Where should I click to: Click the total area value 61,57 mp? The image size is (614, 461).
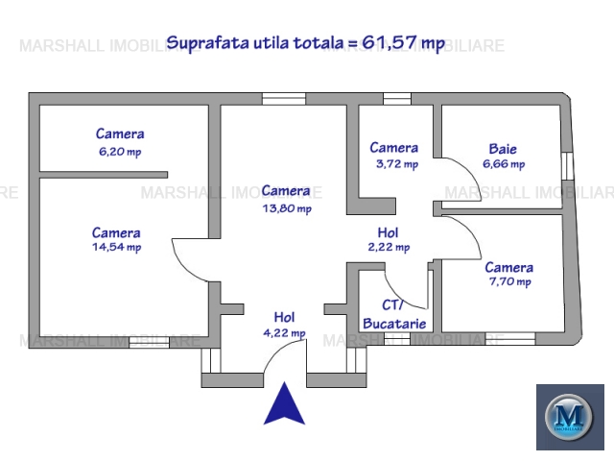click(x=404, y=42)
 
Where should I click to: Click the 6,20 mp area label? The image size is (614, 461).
click(x=120, y=152)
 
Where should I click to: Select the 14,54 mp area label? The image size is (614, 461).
click(x=117, y=247)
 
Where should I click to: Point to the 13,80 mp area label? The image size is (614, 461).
click(x=287, y=208)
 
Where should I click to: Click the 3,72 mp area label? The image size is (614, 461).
click(x=397, y=164)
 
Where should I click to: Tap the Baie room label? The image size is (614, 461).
click(x=503, y=149)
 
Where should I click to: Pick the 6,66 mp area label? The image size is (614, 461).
click(x=504, y=164)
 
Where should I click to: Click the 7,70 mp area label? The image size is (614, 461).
click(x=509, y=281)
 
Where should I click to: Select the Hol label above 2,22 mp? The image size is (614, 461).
click(x=388, y=232)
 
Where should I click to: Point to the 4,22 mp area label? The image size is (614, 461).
click(x=284, y=333)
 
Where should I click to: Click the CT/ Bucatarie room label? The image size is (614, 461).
click(x=394, y=314)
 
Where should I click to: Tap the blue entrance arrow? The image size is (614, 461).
click(x=284, y=403)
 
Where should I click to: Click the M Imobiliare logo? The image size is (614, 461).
click(x=570, y=417)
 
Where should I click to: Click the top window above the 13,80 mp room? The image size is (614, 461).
click(x=284, y=98)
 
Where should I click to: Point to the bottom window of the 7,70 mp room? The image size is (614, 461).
click(x=510, y=338)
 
